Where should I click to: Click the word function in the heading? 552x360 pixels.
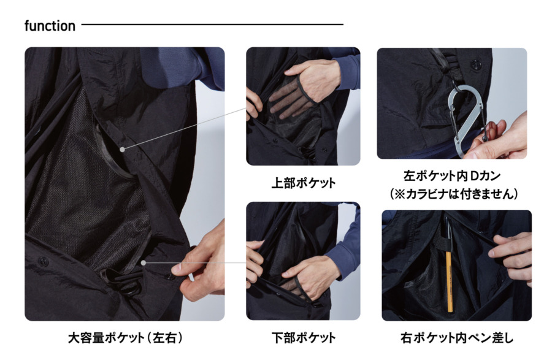(x=50, y=26)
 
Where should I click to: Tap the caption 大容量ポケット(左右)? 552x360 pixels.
(x=125, y=338)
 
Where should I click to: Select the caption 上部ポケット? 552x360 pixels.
(x=304, y=183)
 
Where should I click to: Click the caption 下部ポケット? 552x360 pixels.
(x=304, y=338)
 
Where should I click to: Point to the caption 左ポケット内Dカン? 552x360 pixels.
(x=452, y=176)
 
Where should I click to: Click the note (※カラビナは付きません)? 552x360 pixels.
(x=454, y=194)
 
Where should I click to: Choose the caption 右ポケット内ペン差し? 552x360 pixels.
(x=457, y=338)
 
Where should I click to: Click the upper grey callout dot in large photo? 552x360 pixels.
(x=122, y=150)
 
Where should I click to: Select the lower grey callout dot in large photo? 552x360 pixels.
(x=144, y=263)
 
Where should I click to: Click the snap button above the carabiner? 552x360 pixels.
(x=475, y=65)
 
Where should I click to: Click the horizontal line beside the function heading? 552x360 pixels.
(x=212, y=25)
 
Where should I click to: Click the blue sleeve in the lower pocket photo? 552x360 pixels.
(x=342, y=247)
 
